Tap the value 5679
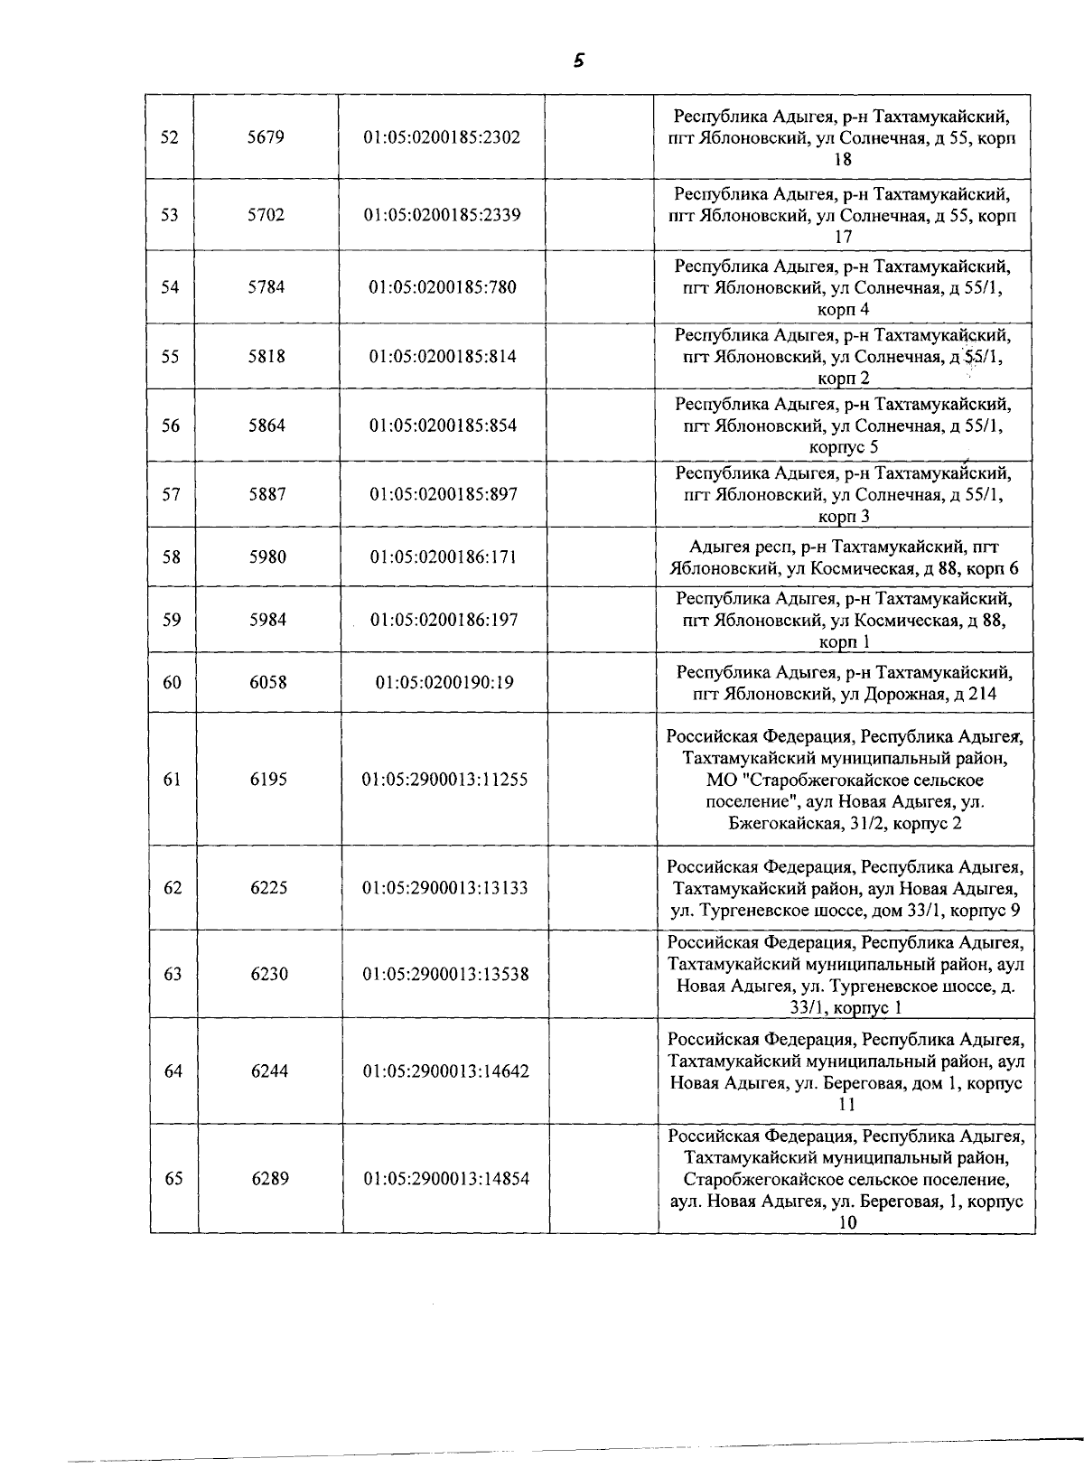pos(266,138)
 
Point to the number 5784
pos(266,287)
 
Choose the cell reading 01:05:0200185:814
pos(443,356)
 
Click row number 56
pos(171,425)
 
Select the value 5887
pos(266,494)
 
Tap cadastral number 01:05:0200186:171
pos(443,556)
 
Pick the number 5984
pos(268,620)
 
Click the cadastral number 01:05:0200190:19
pos(444,682)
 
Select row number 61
pos(172,779)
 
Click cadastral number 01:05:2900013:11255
pos(444,779)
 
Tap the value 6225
pos(269,887)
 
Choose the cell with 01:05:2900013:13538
pos(445,974)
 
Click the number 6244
pos(269,1071)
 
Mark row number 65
pos(173,1179)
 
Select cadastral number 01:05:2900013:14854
pos(446,1179)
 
